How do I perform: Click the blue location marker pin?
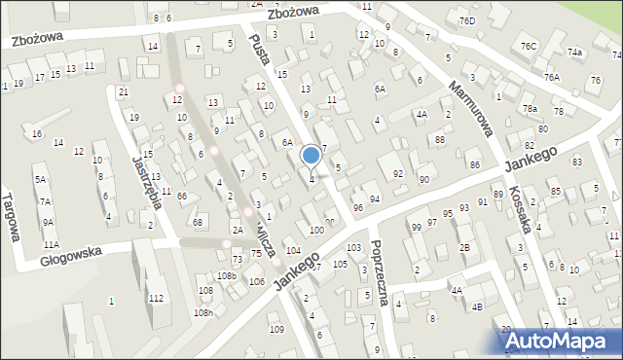[311, 156]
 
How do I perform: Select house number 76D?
[468, 20]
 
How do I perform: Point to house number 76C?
[528, 46]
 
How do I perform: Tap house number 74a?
[575, 53]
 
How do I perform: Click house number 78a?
[530, 109]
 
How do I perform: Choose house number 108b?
[227, 276]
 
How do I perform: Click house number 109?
[276, 330]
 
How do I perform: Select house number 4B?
[477, 307]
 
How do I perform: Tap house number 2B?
[465, 247]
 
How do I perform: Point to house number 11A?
[51, 244]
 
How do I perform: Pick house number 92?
[397, 174]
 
